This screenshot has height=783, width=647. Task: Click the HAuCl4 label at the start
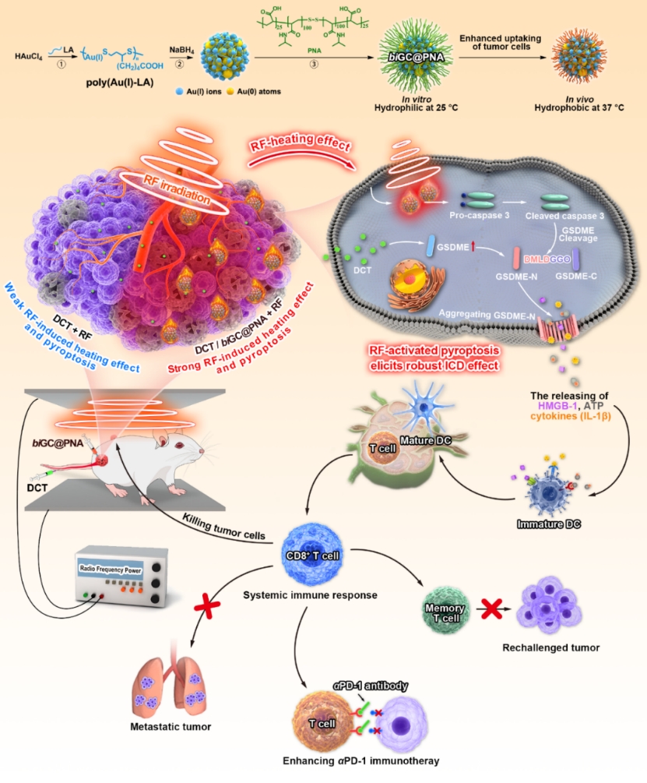(30, 56)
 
